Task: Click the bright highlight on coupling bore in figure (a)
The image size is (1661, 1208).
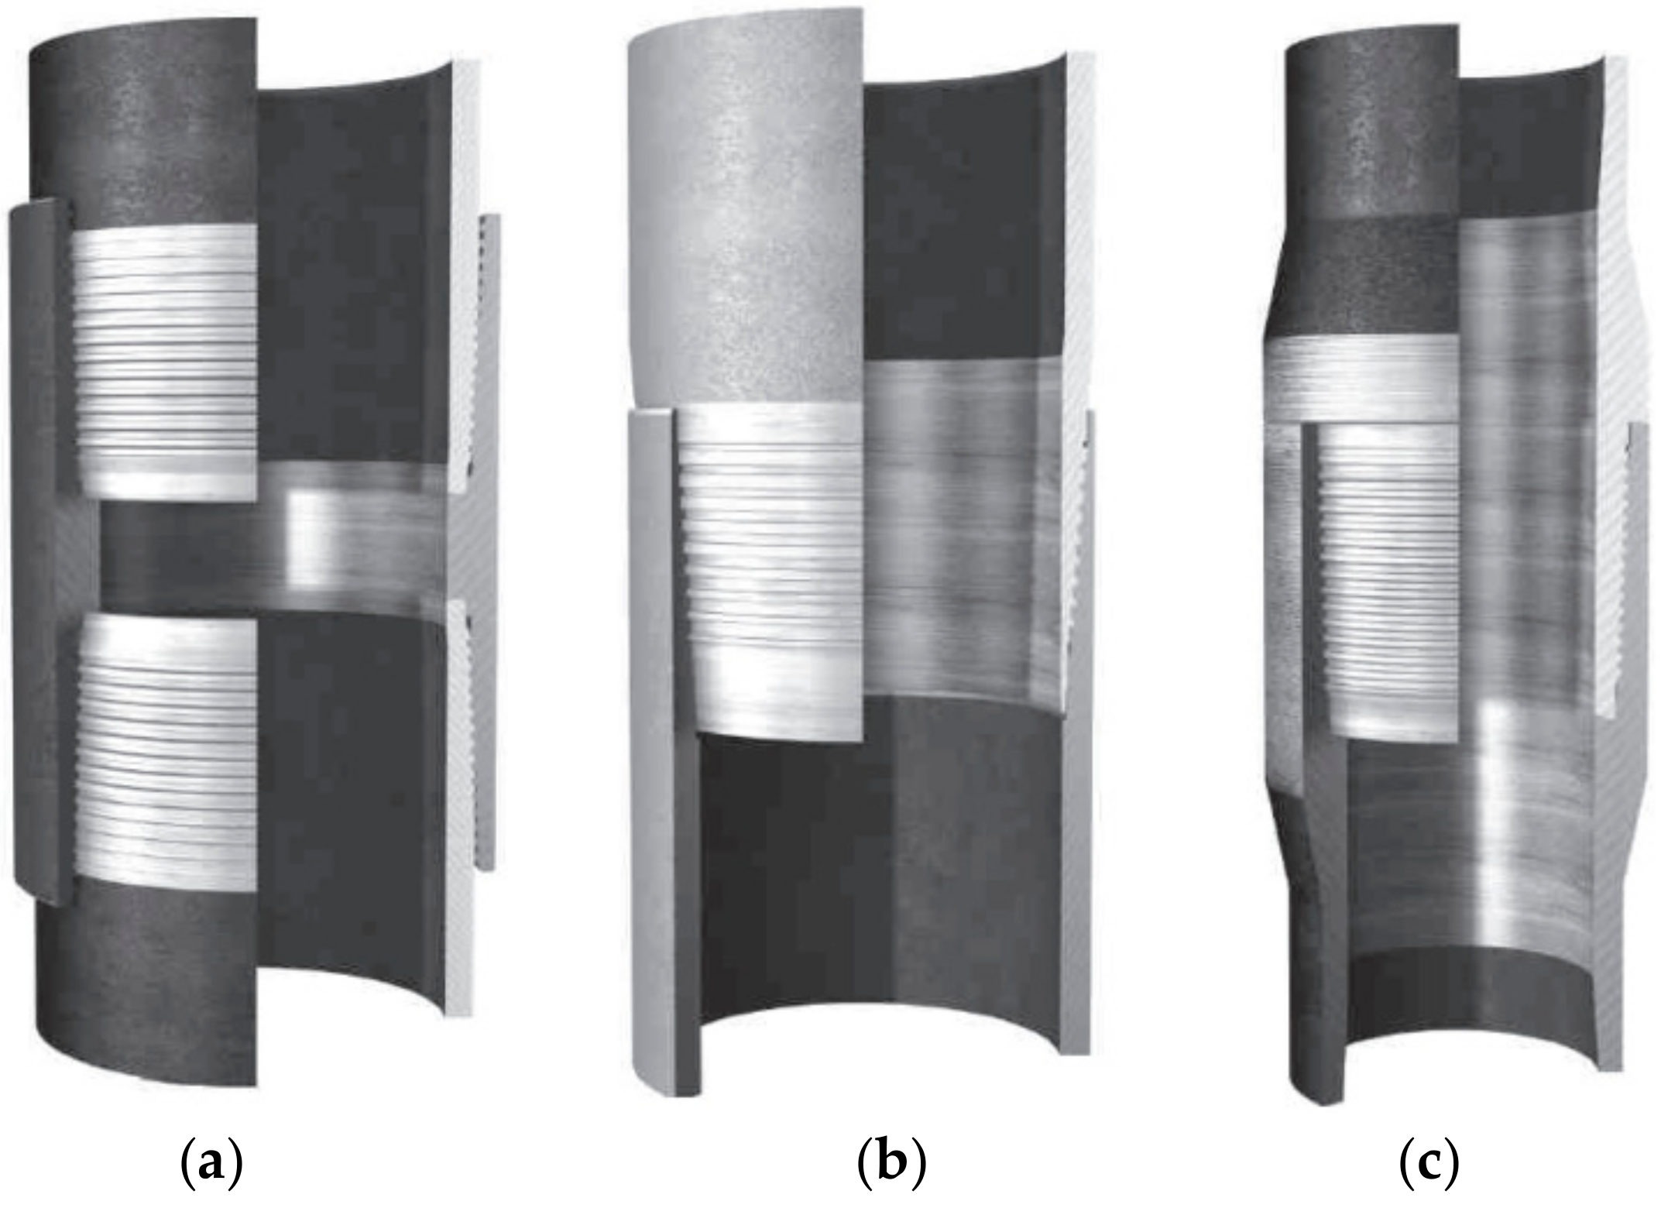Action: point(310,542)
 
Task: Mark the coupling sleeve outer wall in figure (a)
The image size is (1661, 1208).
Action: point(35,542)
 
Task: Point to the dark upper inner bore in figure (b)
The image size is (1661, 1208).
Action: point(960,217)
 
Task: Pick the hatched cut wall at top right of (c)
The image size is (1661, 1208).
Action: point(1634,194)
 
